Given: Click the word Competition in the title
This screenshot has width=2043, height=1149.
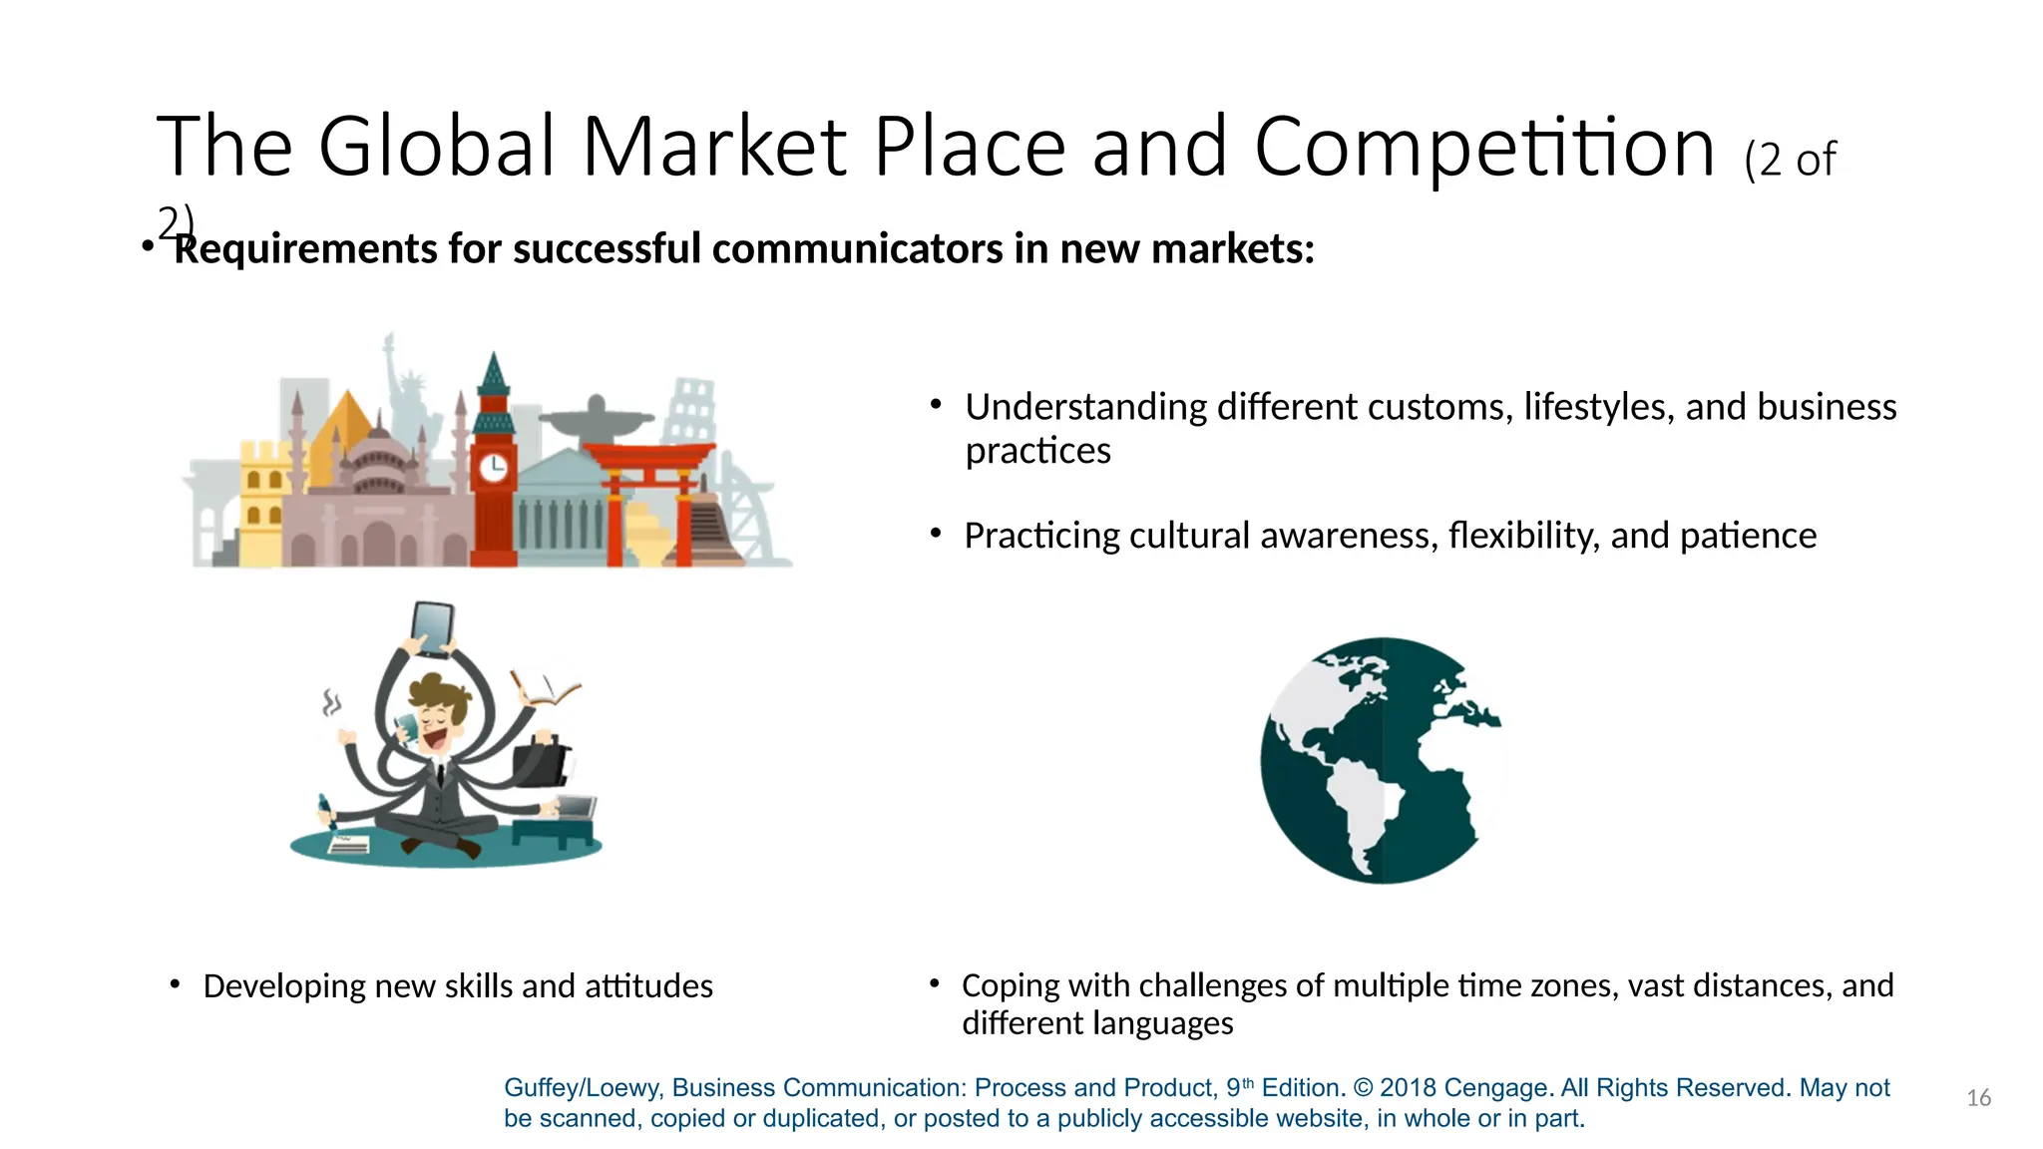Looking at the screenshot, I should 1484,148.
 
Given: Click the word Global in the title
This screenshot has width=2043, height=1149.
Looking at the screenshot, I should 436,148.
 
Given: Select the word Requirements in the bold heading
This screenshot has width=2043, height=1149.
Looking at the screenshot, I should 304,249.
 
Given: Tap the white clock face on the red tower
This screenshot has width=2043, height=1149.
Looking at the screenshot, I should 493,466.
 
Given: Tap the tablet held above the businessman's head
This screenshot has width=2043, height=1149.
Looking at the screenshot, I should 433,628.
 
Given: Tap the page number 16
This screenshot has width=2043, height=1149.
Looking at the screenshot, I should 1978,1098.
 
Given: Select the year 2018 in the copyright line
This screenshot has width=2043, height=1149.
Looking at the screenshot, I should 1408,1088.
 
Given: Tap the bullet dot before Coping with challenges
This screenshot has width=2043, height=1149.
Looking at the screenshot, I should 935,984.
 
